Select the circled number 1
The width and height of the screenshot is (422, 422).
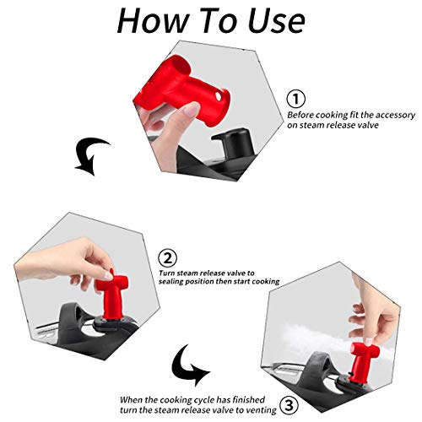[x=295, y=99]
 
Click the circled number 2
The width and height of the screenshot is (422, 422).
[x=168, y=258]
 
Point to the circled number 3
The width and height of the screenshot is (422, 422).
[x=289, y=405]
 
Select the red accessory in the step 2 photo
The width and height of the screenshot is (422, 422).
[x=112, y=294]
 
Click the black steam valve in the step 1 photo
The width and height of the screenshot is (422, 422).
[x=235, y=143]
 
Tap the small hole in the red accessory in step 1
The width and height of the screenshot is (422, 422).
[x=218, y=96]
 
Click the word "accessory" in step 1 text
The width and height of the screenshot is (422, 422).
[x=395, y=116]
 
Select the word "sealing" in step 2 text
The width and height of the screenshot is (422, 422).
[x=172, y=281]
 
